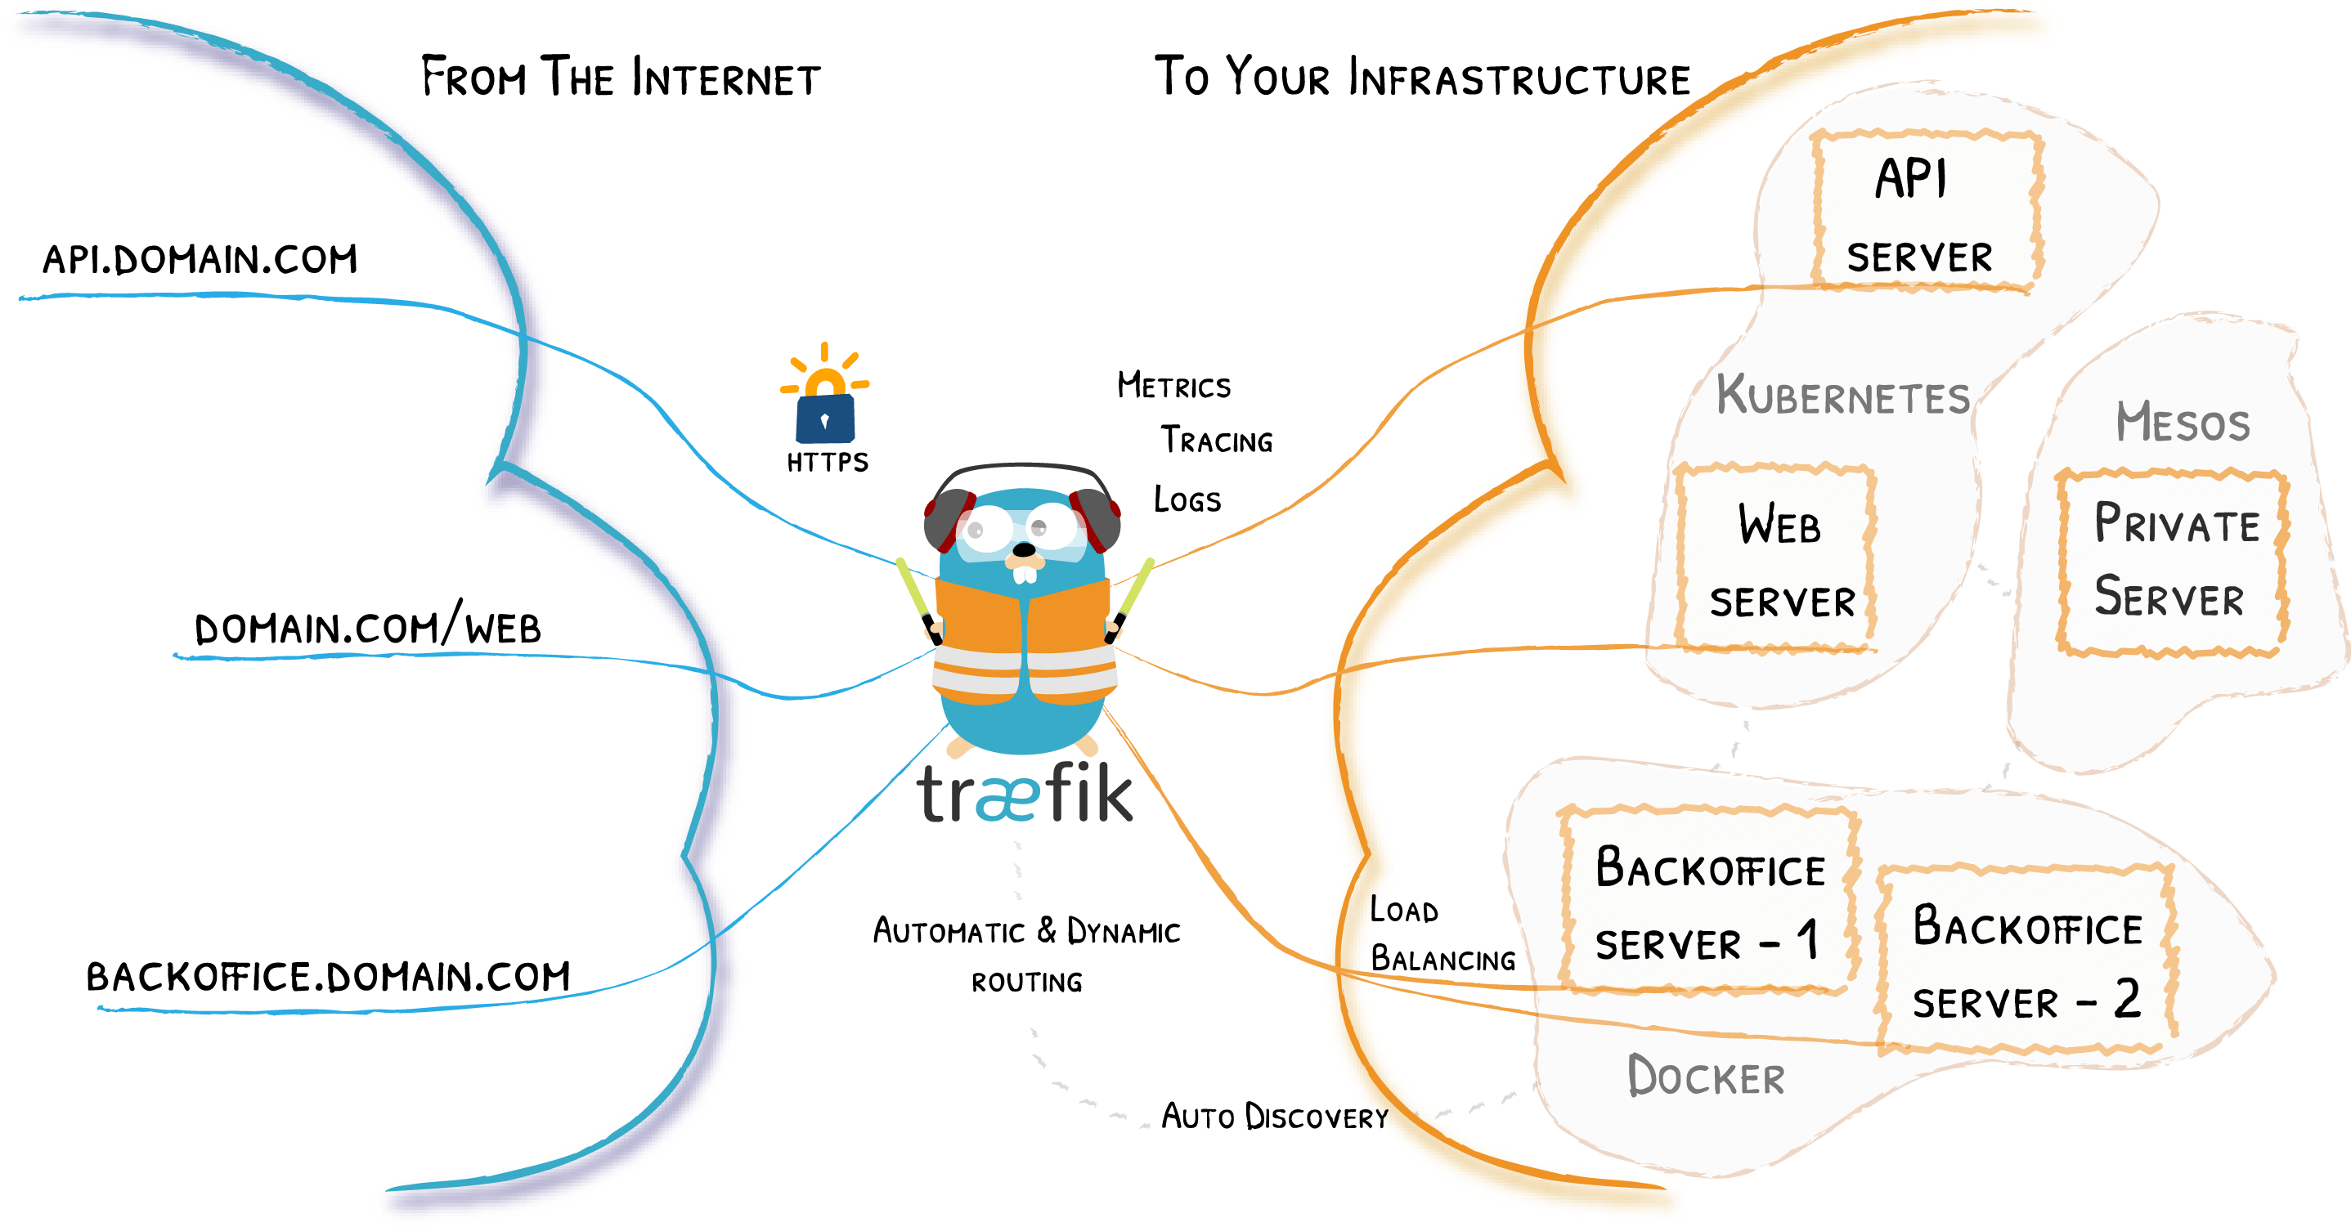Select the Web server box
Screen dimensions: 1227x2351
click(x=1777, y=559)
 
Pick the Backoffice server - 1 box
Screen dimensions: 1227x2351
click(x=1708, y=902)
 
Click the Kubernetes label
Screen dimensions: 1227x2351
click(x=1842, y=396)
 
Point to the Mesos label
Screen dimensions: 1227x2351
click(x=2183, y=423)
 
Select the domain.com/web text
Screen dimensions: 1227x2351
click(x=368, y=627)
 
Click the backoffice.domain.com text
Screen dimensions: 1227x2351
click(x=328, y=976)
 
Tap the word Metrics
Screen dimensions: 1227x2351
click(x=1173, y=386)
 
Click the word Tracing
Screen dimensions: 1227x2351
click(x=1217, y=441)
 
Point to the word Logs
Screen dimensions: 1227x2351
click(x=1187, y=499)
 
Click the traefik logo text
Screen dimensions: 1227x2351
click(x=1024, y=795)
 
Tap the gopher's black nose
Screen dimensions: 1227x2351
click(x=1025, y=549)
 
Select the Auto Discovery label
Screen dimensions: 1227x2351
click(x=1274, y=1117)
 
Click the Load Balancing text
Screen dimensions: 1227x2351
click(x=1441, y=934)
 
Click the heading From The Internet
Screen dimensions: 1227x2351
click(x=621, y=78)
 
